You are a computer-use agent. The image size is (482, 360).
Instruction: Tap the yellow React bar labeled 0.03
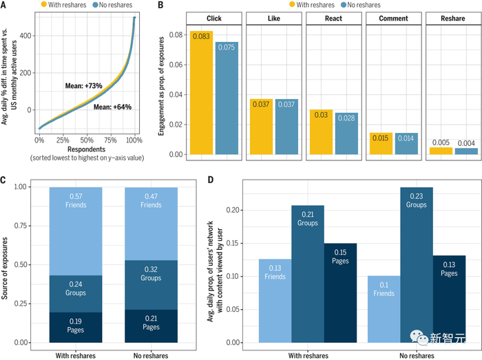(x=320, y=132)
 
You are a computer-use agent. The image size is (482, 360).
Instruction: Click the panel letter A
(x=4, y=6)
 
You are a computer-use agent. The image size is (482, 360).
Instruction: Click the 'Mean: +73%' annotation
(x=83, y=86)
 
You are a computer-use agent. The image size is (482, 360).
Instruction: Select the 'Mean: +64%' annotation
(x=113, y=107)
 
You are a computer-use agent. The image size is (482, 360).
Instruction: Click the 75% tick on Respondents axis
(x=110, y=139)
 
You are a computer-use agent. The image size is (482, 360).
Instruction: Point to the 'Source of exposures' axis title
(x=8, y=265)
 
